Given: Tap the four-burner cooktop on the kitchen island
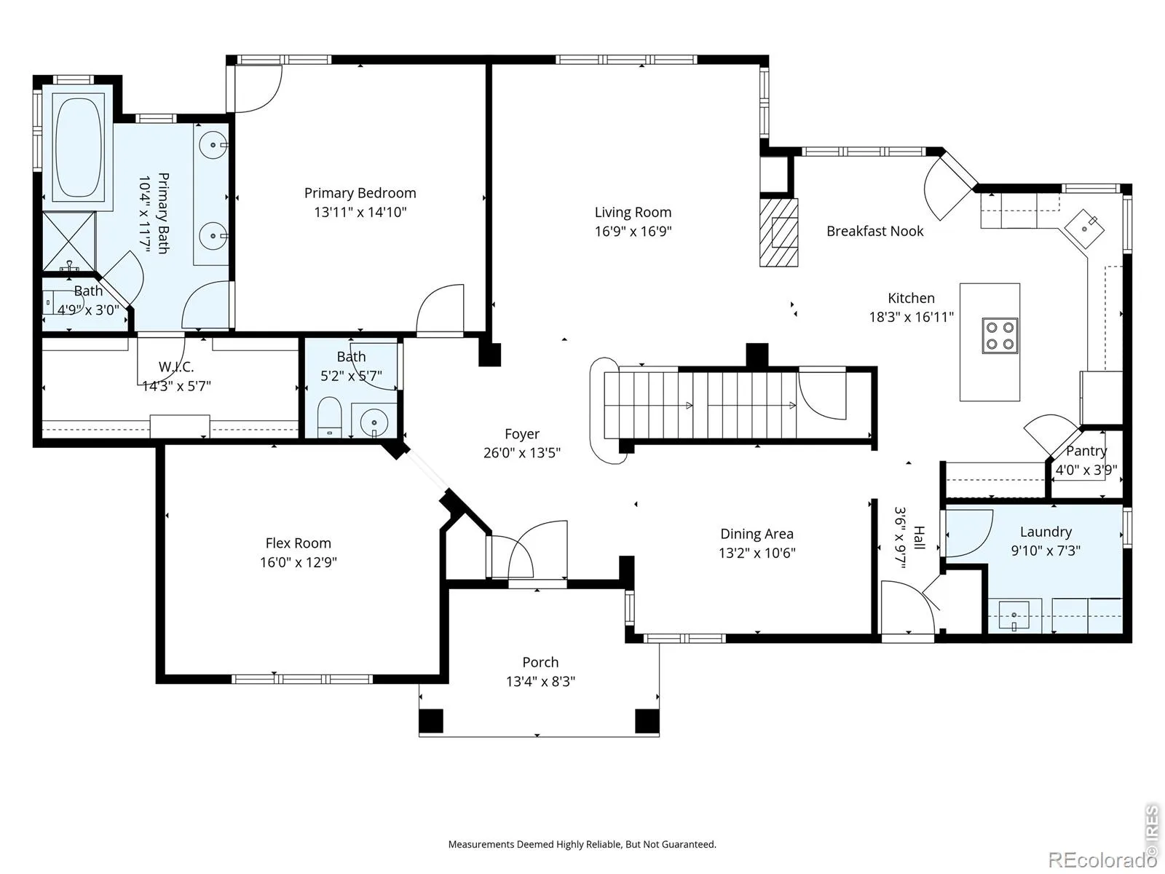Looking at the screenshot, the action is pos(1000,336).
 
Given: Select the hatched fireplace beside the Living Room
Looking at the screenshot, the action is pos(778,232).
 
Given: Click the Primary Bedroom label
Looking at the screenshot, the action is pos(360,193).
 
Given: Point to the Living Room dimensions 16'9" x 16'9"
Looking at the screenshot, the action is pos(633,232).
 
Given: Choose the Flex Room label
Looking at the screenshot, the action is pos(299,543).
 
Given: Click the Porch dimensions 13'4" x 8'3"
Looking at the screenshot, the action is pos(540,681).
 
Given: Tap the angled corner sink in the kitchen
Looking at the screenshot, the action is pos(1086,229).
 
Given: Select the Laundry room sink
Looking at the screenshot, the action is pos(1014,615).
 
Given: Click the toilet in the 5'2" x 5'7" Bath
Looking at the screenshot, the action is pos(330,417).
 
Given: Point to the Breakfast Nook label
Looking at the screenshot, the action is pos(874,231).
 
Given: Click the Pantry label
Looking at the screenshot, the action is pos(1086,451).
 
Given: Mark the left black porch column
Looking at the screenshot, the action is pos(431,720).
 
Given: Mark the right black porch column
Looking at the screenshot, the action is pos(647,720).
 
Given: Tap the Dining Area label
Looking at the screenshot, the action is pos(757,534).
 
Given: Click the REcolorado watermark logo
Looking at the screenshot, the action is pos(1103,859).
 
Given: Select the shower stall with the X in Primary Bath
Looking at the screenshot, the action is pos(69,242).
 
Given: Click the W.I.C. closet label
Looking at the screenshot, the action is pos(176,366).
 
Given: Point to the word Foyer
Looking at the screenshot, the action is pos(522,434).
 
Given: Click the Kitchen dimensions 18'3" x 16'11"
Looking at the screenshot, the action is pos(912,317).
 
